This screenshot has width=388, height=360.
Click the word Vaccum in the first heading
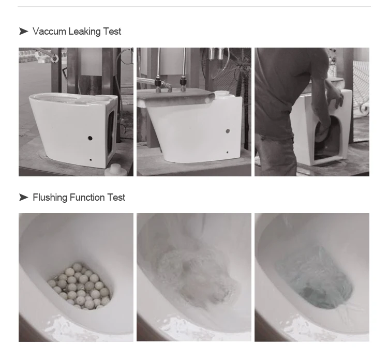click(49, 32)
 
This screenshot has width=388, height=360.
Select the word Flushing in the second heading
click(50, 198)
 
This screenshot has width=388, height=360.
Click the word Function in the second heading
click(87, 198)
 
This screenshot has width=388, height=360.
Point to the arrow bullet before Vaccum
click(23, 32)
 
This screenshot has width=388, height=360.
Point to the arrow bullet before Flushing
click(23, 198)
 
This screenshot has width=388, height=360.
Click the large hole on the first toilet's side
click(91, 138)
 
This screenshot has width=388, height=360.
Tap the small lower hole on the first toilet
click(91, 160)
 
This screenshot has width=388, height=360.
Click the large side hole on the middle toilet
click(228, 131)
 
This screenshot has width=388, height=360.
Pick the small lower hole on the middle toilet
click(228, 152)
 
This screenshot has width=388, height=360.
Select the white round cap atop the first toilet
click(102, 98)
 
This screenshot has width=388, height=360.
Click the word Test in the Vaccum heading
click(112, 32)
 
